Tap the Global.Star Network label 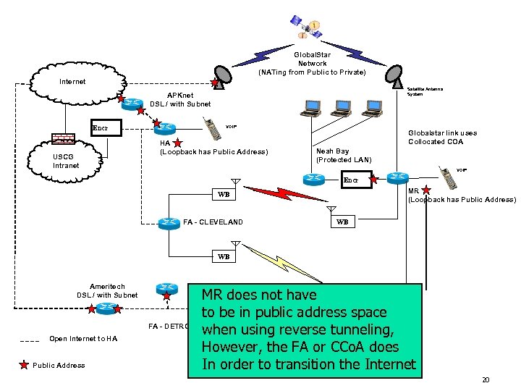[312, 63]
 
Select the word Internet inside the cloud [72, 82]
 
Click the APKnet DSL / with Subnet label [180, 99]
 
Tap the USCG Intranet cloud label [67, 161]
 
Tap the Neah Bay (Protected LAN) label [343, 156]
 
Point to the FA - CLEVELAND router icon [170, 222]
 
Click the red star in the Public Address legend [23, 365]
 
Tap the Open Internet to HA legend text [79, 339]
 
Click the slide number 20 [486, 380]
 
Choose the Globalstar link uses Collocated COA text [442, 138]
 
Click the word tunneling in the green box [355, 329]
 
